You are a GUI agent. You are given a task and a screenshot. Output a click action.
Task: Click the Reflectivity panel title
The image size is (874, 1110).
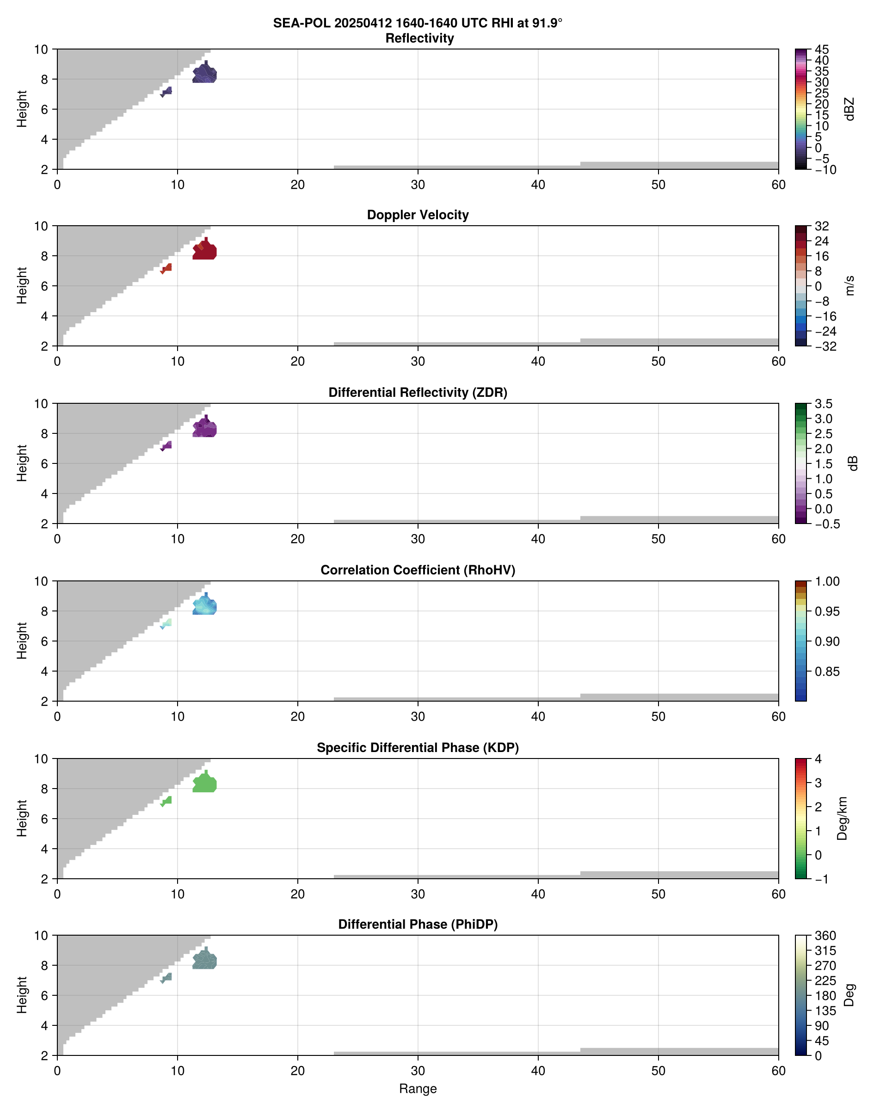(419, 38)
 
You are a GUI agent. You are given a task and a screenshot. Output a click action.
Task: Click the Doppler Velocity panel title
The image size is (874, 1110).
(418, 215)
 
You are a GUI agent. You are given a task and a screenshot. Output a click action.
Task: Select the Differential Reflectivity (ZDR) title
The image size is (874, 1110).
(418, 393)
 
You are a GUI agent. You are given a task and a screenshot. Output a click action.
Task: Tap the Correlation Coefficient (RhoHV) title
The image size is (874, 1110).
(418, 570)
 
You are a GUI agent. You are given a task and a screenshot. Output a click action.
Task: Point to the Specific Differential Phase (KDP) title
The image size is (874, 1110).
(418, 748)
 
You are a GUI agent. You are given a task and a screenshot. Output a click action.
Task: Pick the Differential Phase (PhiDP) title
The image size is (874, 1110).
(418, 924)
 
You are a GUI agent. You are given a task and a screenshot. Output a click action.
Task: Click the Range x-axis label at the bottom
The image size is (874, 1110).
(418, 1089)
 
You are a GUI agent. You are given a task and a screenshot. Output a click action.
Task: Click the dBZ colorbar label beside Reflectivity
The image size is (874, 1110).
(849, 109)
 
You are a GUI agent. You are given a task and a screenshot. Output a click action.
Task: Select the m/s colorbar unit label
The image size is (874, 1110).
(849, 285)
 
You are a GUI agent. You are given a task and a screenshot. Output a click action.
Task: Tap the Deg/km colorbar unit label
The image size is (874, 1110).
(842, 818)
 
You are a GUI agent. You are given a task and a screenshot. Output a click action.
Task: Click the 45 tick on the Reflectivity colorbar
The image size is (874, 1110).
(822, 49)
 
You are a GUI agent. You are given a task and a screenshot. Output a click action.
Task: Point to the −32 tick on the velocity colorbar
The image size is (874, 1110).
(825, 346)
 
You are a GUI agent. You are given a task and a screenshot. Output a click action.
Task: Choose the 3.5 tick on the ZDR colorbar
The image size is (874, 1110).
(823, 404)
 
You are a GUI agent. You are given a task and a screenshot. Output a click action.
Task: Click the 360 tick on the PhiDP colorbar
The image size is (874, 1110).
(825, 936)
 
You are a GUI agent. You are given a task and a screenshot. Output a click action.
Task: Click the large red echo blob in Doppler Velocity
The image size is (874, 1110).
(205, 251)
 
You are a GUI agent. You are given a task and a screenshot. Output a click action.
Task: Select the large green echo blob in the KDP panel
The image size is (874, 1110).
(205, 783)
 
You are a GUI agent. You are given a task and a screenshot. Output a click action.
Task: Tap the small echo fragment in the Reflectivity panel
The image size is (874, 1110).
(166, 92)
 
